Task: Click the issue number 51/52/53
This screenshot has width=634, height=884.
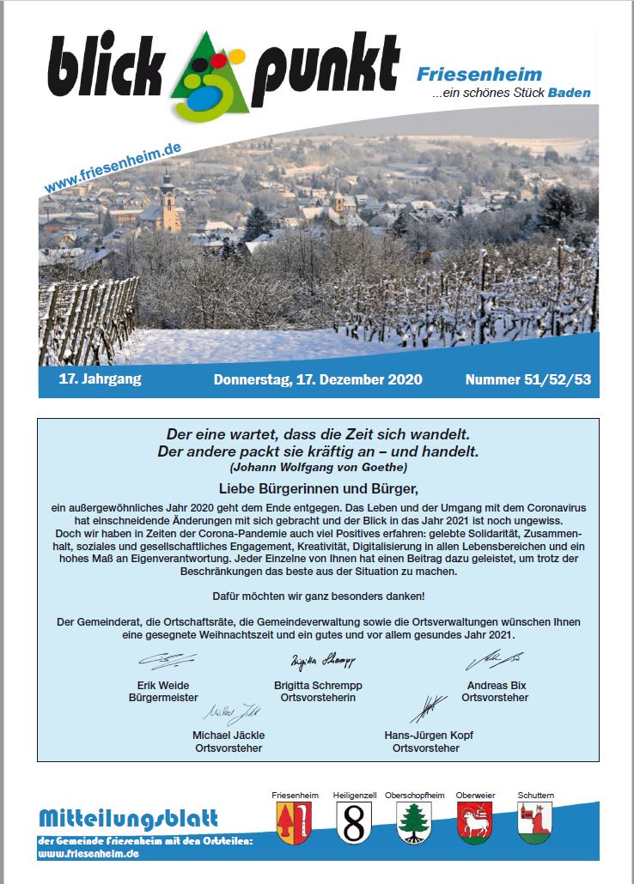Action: [x=532, y=378]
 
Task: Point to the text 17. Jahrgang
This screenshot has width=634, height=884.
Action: [x=100, y=378]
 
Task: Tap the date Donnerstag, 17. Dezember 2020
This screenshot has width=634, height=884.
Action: [x=318, y=378]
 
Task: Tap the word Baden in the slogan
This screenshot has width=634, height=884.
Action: [x=570, y=93]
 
